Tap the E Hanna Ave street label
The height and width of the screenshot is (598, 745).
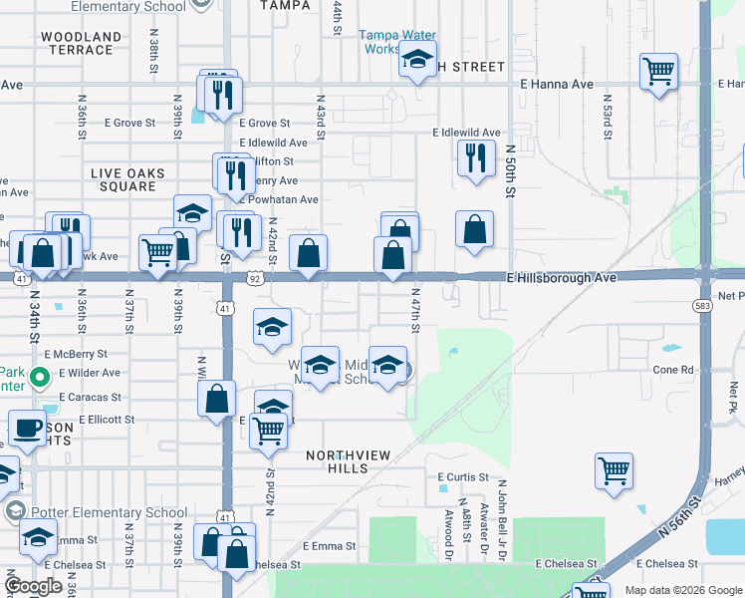557,85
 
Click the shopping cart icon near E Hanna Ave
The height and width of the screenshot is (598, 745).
658,72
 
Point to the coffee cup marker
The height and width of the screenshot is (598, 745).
28,429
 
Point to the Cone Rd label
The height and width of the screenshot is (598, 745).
672,370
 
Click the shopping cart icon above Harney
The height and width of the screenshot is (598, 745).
615,470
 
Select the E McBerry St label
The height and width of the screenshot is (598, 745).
76,354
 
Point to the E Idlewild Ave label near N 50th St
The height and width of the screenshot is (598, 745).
466,133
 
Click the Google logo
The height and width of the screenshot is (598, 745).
33,586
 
